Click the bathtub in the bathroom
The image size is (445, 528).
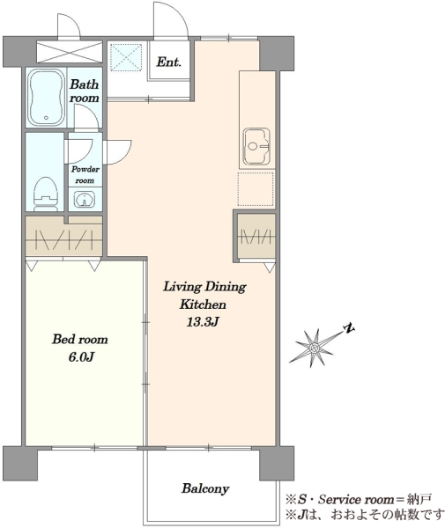(x=46, y=98)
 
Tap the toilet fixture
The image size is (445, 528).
(x=46, y=194)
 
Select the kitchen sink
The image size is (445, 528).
(x=257, y=146)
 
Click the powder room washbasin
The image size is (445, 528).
(x=85, y=200)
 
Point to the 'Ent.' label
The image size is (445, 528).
(x=169, y=62)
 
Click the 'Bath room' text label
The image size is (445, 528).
(x=85, y=91)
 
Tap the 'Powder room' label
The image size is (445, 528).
(x=85, y=175)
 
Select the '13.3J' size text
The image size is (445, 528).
(x=203, y=322)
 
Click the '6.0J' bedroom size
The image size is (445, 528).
(x=81, y=357)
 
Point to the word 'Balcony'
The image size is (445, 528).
(x=205, y=488)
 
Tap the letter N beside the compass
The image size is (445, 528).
(x=349, y=328)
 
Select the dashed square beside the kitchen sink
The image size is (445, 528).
(x=256, y=189)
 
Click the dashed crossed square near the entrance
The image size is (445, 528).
(x=126, y=57)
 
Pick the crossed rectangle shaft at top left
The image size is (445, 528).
(x=69, y=52)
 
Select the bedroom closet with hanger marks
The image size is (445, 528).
(x=64, y=237)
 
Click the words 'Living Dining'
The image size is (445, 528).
(x=204, y=287)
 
